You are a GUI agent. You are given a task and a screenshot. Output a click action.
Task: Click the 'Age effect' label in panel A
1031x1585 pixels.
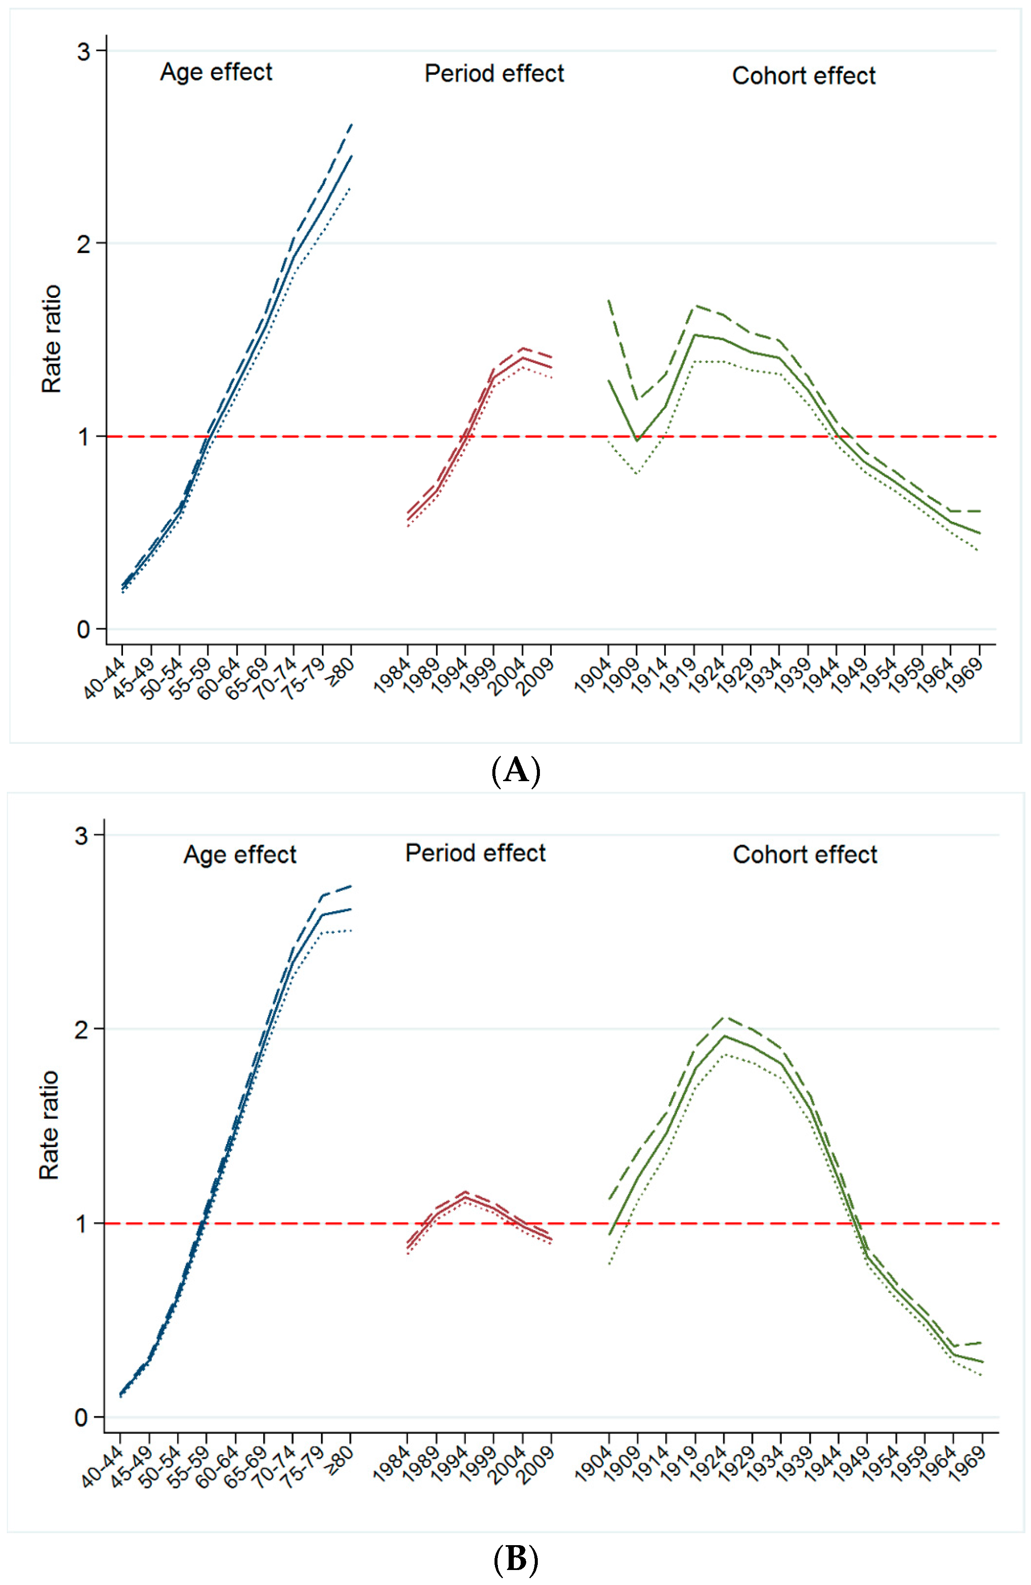tap(216, 72)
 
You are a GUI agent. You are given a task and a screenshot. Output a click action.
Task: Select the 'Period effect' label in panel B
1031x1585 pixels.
tap(476, 853)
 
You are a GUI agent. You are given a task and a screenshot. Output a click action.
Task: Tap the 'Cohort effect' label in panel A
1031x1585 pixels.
tap(804, 76)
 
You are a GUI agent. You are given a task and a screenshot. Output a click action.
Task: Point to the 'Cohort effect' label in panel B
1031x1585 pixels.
tap(805, 854)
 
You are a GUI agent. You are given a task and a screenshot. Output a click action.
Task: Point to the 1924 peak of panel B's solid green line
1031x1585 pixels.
tap(724, 1036)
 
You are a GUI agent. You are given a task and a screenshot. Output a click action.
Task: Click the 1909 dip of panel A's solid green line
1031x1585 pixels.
tap(637, 440)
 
